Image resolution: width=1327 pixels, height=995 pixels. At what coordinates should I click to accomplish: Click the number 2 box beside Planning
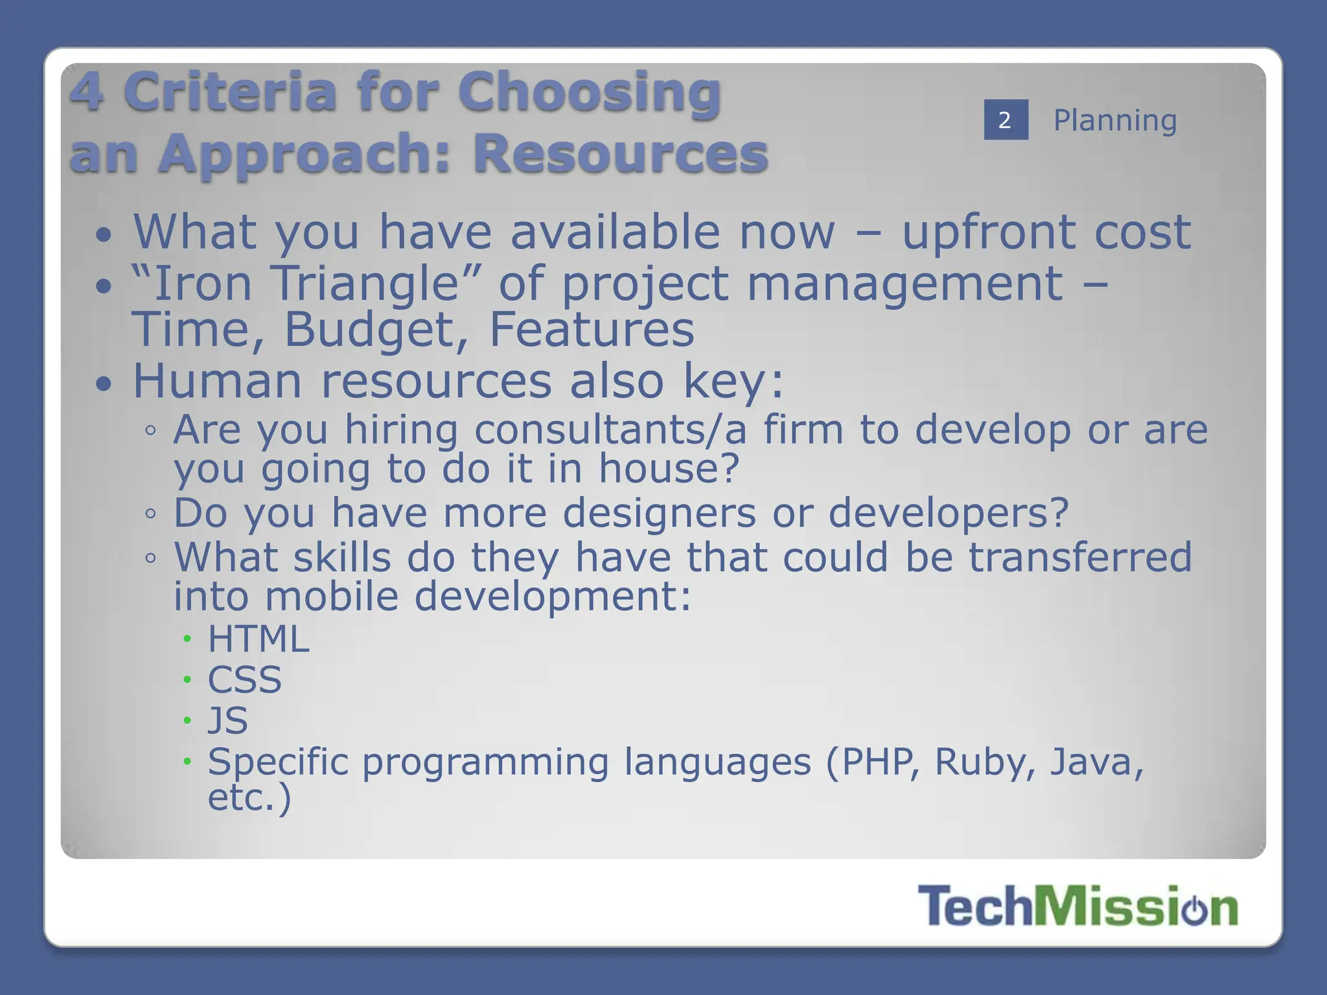(1005, 120)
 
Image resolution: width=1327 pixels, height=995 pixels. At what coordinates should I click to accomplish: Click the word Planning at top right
(1114, 120)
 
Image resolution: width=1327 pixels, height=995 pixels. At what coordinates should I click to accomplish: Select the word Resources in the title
(620, 154)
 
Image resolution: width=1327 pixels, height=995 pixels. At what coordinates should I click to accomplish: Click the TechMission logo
(1077, 906)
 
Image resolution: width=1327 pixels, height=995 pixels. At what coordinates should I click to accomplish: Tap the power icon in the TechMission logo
(1194, 909)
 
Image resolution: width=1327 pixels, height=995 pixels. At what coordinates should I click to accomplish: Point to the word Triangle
(365, 284)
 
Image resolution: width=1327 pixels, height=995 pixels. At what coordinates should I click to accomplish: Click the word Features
(591, 330)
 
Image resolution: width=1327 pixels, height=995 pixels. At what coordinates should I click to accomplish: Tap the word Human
(218, 381)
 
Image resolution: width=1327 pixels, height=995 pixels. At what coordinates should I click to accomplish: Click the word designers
(659, 513)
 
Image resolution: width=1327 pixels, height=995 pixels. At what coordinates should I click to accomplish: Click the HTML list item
(258, 639)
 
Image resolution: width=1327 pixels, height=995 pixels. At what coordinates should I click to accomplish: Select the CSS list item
(244, 680)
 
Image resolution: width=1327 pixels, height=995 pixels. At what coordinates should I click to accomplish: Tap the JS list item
(227, 720)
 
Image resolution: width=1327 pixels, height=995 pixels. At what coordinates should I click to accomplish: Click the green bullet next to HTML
(187, 639)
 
